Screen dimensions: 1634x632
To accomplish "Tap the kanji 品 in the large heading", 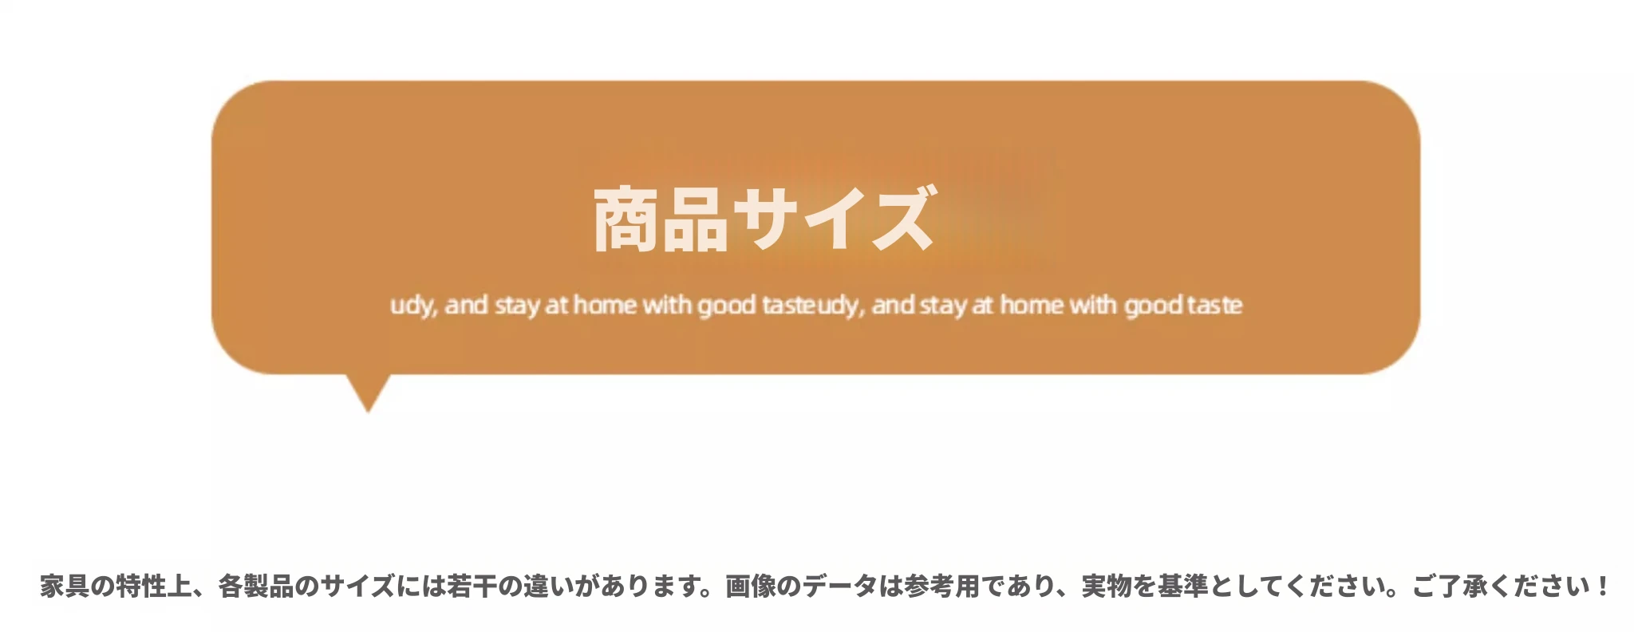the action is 695,219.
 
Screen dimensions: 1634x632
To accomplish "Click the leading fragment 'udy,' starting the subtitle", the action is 413,306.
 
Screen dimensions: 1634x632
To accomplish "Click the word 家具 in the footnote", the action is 65,587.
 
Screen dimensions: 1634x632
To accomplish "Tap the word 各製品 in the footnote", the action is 255,587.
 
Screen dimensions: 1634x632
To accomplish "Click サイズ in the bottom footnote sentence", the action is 357,587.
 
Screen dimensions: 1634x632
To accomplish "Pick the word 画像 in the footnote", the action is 750,587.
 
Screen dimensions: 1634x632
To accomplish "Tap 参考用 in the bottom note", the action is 941,587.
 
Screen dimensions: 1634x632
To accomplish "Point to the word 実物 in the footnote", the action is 1107,587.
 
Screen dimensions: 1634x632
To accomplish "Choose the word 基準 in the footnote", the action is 1183,587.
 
